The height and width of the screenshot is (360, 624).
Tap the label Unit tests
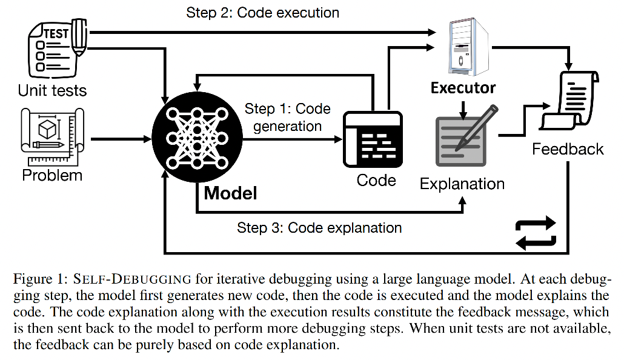52,91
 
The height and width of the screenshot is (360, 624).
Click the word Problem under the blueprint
52,176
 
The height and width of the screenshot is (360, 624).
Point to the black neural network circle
196,139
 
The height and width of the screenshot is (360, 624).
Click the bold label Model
230,193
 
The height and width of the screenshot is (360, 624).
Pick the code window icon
373,139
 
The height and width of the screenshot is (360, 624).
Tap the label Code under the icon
376,180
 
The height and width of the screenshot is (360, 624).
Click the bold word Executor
463,88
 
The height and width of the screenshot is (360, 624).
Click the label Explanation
462,184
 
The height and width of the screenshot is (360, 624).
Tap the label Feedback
568,149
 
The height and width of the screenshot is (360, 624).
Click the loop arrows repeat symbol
535,233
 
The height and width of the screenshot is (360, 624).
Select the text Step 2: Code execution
262,13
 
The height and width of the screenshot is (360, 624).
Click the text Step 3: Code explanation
319,228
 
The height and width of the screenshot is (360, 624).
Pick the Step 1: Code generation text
288,118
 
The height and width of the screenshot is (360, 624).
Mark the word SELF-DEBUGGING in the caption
133,279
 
